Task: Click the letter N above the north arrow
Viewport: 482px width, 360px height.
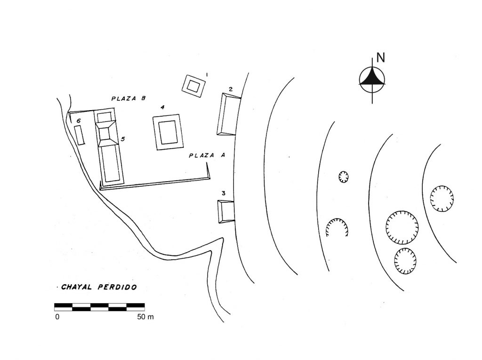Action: (380, 57)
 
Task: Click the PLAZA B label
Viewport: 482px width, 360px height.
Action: (128, 99)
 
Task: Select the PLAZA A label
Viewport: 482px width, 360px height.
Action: (207, 155)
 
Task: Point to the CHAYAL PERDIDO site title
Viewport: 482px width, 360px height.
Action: (99, 287)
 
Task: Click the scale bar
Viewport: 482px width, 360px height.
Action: (100, 307)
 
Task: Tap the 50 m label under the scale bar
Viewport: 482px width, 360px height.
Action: (145, 317)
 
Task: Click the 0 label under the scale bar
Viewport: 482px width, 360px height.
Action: (57, 317)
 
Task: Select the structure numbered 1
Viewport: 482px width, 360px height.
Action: (193, 86)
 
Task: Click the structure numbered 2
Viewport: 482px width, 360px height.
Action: (229, 114)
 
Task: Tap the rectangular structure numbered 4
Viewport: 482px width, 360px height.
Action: (168, 132)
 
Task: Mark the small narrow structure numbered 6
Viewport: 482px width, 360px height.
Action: (79, 135)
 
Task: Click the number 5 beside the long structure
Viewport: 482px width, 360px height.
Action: (123, 139)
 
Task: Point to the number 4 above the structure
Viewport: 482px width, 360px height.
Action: (162, 107)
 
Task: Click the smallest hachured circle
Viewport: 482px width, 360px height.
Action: (343, 177)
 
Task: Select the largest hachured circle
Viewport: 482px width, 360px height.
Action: (402, 227)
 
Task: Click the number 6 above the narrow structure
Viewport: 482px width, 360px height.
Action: (79, 121)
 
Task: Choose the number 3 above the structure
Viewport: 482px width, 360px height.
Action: (224, 193)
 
